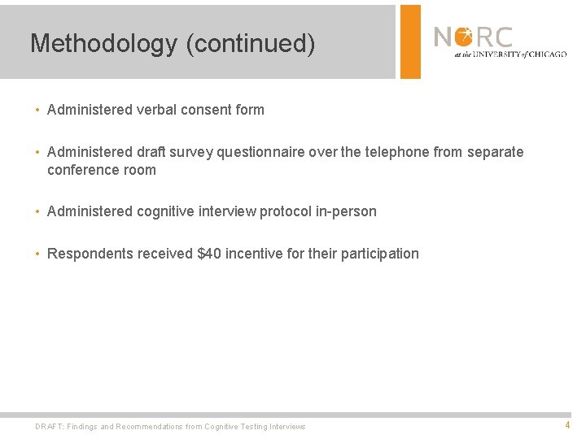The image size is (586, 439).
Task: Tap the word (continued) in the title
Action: point(250,43)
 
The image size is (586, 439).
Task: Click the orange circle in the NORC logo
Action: point(464,37)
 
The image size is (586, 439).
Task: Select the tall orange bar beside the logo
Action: point(410,41)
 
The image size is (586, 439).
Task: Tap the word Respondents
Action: point(90,254)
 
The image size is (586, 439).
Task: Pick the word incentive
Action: point(254,254)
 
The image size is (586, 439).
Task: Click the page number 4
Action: point(567,425)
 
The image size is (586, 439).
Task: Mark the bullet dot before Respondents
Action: point(37,254)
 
